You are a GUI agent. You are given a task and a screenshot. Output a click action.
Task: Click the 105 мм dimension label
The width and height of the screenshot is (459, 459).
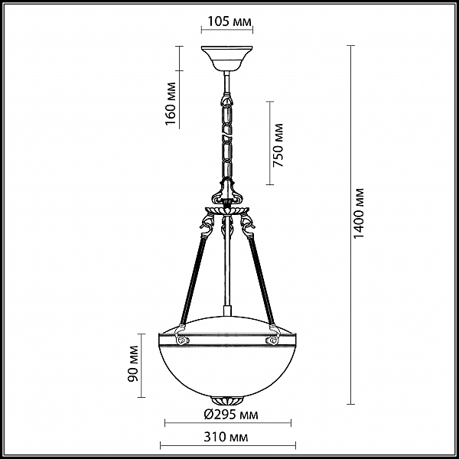[229, 21]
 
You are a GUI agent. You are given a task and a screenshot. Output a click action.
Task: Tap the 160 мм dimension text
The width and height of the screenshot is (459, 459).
[171, 103]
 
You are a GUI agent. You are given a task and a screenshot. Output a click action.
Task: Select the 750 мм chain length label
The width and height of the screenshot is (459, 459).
[278, 145]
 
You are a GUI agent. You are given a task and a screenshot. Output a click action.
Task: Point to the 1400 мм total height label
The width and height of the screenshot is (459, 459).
[359, 213]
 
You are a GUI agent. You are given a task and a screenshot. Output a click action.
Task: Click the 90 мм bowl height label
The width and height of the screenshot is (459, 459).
[133, 364]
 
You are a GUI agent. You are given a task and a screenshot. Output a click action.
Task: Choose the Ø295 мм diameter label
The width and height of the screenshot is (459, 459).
[231, 415]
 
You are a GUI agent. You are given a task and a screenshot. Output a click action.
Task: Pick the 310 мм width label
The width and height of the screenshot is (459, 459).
[226, 437]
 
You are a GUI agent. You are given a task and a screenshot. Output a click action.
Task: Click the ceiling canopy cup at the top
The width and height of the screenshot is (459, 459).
[227, 58]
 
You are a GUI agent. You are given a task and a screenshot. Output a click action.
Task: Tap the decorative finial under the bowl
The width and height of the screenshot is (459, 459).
[227, 400]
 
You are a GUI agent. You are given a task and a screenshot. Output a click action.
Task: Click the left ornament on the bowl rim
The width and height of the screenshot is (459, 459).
[182, 336]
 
